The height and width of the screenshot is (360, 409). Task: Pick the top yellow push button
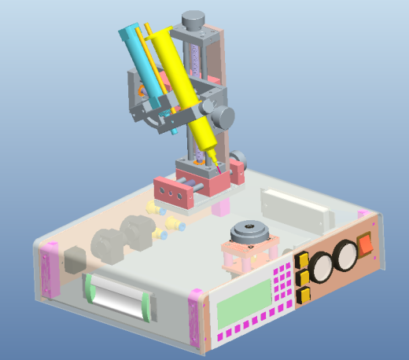[x=300, y=262]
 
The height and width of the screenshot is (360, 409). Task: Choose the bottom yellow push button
[x=304, y=294]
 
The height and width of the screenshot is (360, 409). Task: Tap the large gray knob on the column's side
[x=223, y=118]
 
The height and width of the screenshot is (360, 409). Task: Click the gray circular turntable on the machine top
[x=251, y=233]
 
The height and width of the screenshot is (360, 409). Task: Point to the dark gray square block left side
[x=73, y=260]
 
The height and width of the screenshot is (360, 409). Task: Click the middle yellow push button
[x=302, y=277]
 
